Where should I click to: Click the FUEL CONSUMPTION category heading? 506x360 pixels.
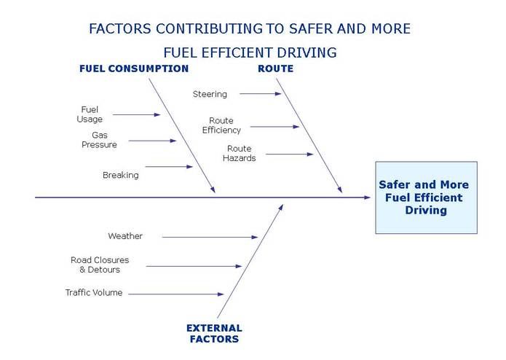pos(134,69)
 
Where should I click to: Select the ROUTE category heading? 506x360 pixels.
pos(276,69)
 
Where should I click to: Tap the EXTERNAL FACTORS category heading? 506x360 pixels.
pos(214,334)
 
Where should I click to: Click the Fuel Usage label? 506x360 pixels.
pos(90,114)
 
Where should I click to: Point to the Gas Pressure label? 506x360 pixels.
pos(100,140)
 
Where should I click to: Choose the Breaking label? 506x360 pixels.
pos(121,175)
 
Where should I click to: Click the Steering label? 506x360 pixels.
pos(210,94)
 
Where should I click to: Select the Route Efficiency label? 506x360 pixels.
pos(221,125)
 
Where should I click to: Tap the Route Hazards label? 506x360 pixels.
pos(239,153)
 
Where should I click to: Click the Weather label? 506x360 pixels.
pos(125,236)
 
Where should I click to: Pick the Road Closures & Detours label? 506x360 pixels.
pos(100,265)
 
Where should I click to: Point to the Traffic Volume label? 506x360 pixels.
pos(94,292)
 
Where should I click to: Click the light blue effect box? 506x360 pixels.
pos(427,197)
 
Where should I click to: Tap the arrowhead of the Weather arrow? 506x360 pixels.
pos(255,237)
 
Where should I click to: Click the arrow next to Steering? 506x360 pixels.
pos(261,93)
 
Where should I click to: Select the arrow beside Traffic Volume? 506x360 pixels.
pos(176,294)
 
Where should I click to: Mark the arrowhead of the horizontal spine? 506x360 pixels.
pos(367,197)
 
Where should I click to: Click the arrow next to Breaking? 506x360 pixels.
pos(169,167)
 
